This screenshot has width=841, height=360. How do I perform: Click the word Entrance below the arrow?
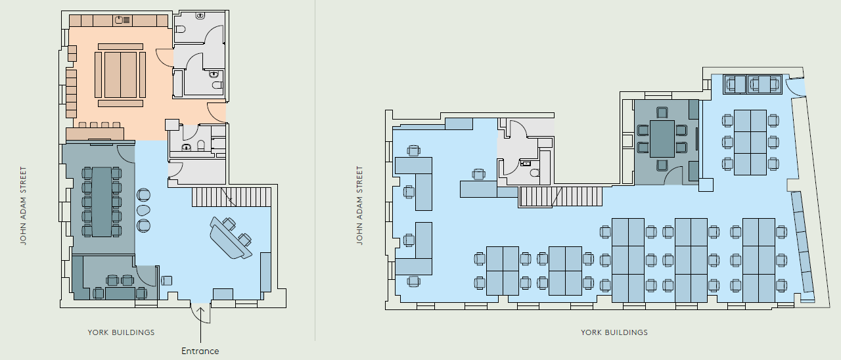(x=200, y=351)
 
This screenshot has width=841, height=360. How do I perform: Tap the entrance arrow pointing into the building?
(x=200, y=325)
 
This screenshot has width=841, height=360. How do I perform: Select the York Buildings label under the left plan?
(x=122, y=332)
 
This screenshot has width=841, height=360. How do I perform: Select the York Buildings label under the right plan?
(x=614, y=332)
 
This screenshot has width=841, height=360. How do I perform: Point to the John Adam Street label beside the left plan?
(x=23, y=206)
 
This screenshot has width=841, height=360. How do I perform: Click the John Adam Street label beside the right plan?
(x=359, y=206)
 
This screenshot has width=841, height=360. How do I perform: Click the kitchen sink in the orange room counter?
(x=119, y=20)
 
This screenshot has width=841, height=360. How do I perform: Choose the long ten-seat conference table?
(x=102, y=202)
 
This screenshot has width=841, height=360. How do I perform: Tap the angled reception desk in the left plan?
(x=231, y=238)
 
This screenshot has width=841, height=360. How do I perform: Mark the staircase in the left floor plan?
(x=232, y=197)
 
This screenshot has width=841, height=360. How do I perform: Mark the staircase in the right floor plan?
(x=560, y=196)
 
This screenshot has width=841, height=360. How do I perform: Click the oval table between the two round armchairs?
(x=143, y=210)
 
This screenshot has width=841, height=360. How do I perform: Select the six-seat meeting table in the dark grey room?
(x=662, y=139)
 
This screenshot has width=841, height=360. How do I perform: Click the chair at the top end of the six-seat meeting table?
(x=662, y=113)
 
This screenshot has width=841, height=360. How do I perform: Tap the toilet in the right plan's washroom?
(x=535, y=173)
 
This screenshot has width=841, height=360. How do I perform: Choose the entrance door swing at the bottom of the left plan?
(x=201, y=314)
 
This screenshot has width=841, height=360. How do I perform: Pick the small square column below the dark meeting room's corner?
(x=706, y=185)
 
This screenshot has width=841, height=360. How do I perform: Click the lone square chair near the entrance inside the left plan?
(x=167, y=281)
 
